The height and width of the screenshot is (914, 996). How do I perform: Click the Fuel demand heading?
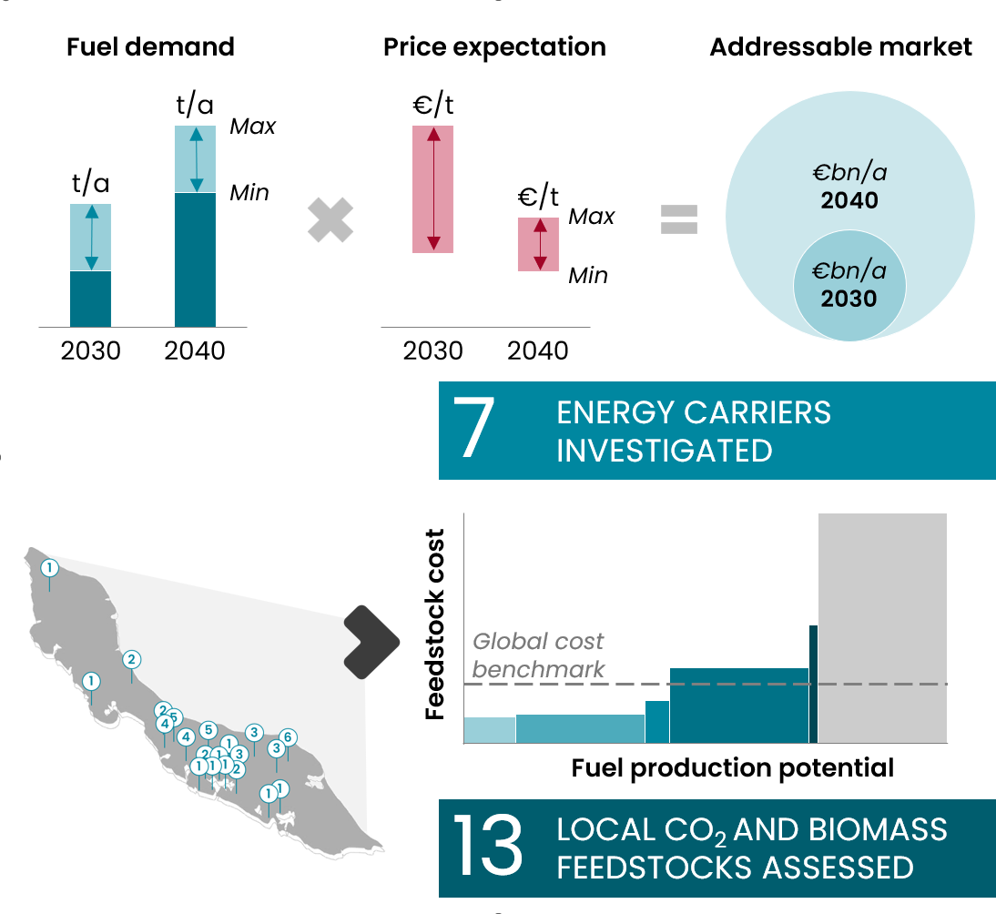(x=150, y=47)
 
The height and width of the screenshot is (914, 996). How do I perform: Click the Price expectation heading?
(x=494, y=47)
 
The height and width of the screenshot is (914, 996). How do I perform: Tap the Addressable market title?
(x=840, y=47)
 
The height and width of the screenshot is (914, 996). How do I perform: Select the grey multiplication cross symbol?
(x=330, y=219)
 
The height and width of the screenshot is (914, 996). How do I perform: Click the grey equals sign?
(x=679, y=219)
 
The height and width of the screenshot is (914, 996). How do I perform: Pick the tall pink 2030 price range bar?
(x=432, y=189)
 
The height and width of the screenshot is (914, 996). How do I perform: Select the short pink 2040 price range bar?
(x=538, y=245)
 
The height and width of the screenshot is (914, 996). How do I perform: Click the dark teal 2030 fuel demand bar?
(x=90, y=300)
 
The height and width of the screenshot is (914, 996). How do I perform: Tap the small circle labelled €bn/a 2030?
(x=849, y=285)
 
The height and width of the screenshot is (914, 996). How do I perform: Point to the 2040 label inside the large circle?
(x=849, y=200)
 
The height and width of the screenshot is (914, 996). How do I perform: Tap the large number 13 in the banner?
(x=487, y=846)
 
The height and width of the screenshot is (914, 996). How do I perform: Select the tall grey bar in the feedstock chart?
(x=882, y=627)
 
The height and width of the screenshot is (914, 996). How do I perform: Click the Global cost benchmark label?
(x=538, y=655)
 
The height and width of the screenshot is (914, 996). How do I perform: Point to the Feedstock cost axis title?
(x=434, y=625)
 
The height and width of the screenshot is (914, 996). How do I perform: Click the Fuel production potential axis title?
(x=732, y=768)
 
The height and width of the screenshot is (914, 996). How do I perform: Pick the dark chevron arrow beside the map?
(x=371, y=642)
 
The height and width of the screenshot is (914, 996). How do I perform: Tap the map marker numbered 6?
(x=288, y=737)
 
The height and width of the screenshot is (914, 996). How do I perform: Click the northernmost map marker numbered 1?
(x=49, y=568)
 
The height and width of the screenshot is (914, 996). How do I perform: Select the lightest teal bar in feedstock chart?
(x=490, y=730)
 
